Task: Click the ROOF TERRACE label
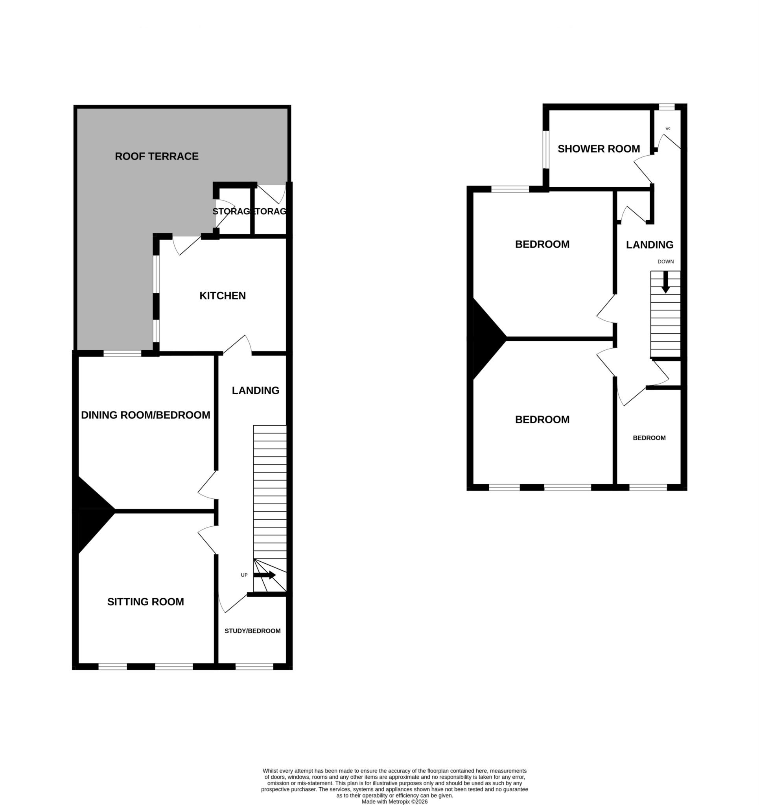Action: [x=157, y=156]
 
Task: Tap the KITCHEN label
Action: [x=223, y=296]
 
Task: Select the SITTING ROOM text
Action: [x=146, y=602]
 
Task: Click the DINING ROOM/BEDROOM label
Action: [x=146, y=415]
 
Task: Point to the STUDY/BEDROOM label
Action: [x=252, y=631]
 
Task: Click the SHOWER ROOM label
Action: [x=599, y=149]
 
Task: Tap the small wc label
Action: [x=668, y=129]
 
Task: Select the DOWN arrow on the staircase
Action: [x=665, y=282]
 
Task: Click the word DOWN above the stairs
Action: [x=665, y=261]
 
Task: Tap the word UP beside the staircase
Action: [x=244, y=575]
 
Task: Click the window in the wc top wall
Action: [x=666, y=107]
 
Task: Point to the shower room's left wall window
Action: [x=546, y=149]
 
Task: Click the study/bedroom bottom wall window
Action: [x=254, y=667]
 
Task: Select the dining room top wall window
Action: [x=122, y=353]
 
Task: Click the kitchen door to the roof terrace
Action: [x=187, y=244]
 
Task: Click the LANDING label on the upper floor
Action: [x=650, y=244]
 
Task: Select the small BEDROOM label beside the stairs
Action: [x=649, y=438]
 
